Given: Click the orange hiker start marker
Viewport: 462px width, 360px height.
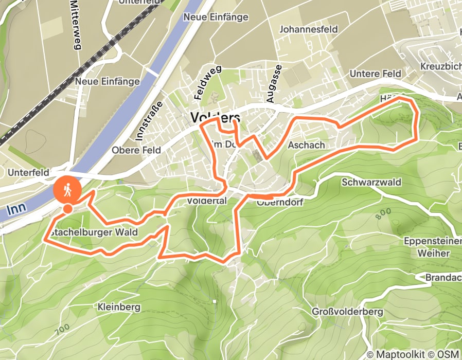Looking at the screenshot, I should click(x=67, y=190).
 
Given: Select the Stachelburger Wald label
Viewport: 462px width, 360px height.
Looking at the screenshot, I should click(x=94, y=232).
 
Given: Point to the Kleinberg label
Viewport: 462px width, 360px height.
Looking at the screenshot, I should click(x=119, y=307).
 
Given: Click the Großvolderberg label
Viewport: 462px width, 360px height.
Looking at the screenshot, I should click(x=347, y=312).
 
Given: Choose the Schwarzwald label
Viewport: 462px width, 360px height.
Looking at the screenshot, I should click(x=371, y=183).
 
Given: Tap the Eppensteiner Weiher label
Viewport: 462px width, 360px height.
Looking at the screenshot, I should click(x=427, y=247).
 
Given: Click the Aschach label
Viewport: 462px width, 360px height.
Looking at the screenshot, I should click(x=306, y=146).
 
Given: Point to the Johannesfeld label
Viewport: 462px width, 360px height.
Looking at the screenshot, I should click(x=308, y=29).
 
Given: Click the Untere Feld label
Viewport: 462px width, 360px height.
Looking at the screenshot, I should click(x=375, y=74).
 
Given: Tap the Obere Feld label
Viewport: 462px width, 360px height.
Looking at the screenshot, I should click(x=136, y=150).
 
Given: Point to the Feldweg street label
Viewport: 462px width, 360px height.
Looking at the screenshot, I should click(x=201, y=83).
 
